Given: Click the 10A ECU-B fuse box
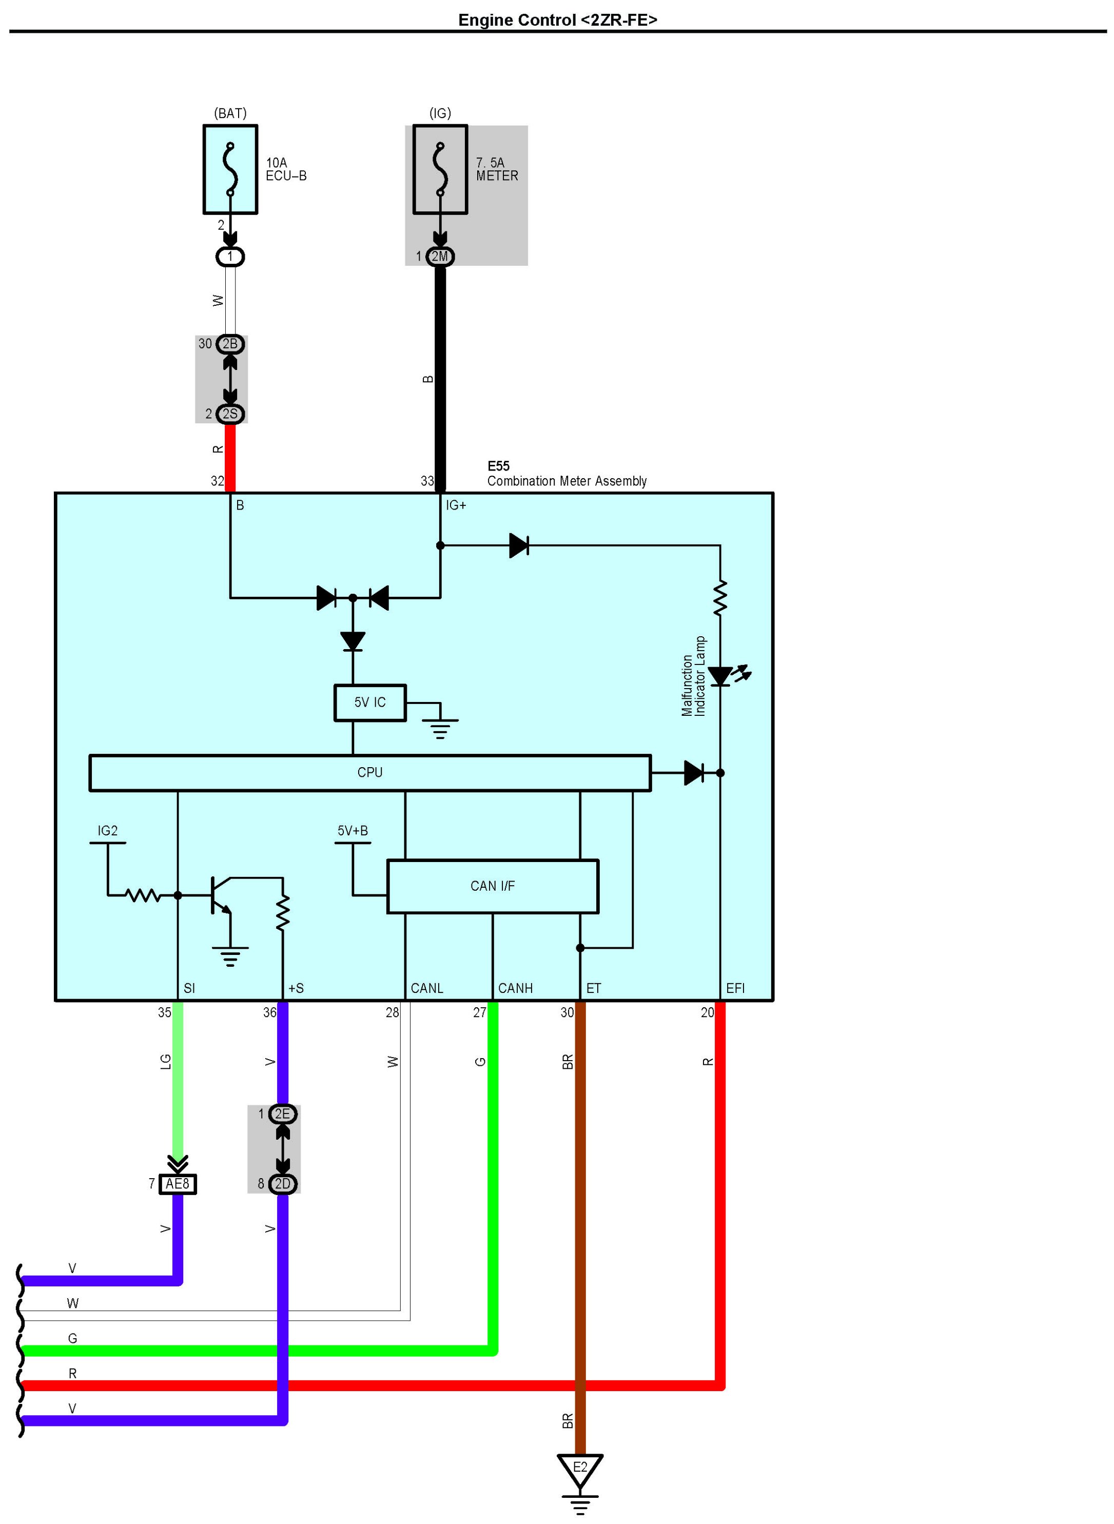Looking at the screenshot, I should [230, 169].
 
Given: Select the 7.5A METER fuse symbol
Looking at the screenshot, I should [440, 169].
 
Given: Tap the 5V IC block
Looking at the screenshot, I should [369, 702].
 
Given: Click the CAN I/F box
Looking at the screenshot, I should [492, 886].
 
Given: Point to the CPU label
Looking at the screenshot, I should [369, 772].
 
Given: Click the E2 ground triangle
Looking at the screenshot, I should [580, 1469].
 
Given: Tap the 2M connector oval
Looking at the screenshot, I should [440, 256].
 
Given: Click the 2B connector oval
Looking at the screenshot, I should [230, 344].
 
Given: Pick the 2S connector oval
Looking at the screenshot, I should [230, 414].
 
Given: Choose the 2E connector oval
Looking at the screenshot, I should [283, 1114].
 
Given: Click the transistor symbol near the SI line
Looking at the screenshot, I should [220, 895].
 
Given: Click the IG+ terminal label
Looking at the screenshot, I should [456, 505].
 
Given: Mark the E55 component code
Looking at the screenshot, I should [498, 466].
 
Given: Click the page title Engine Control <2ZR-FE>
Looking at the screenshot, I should [557, 20].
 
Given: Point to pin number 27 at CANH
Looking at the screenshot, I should [479, 1012].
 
